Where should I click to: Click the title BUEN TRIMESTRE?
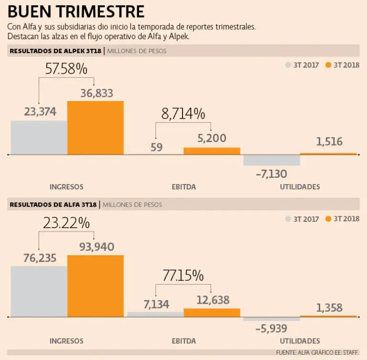click(76, 11)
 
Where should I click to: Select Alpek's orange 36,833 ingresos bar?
click(95, 128)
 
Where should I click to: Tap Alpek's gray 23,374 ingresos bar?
click(39, 138)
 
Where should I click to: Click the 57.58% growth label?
click(66, 69)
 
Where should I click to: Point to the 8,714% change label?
click(183, 114)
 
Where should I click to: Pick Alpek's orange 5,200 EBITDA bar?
click(212, 151)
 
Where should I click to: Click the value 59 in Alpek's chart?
click(157, 147)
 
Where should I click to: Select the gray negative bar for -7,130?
click(271, 160)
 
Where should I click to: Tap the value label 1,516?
click(329, 142)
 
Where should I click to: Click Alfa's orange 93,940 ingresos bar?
click(95, 286)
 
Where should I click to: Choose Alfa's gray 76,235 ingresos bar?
click(39, 292)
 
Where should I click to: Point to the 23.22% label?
click(66, 223)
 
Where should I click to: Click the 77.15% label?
click(183, 276)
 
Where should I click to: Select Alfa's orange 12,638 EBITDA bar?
click(212, 313)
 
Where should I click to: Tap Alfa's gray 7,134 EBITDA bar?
click(155, 315)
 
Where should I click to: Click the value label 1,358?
click(329, 307)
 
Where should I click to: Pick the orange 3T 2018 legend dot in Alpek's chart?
click(328, 65)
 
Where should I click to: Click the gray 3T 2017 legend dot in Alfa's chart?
click(288, 219)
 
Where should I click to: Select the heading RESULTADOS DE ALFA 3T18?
click(53, 205)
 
